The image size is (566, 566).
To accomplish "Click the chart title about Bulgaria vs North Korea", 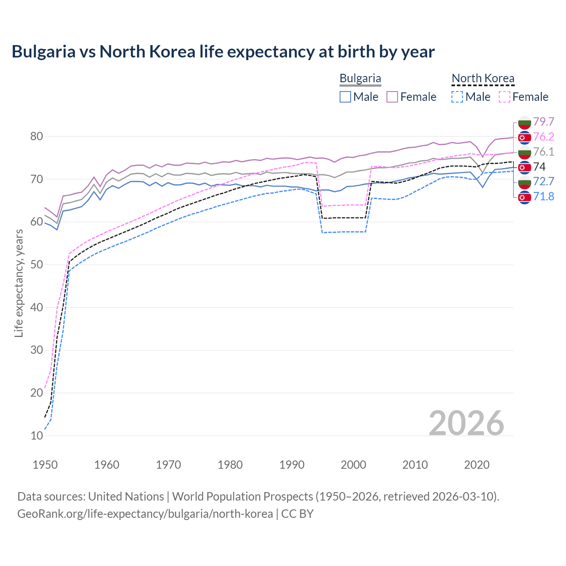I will click(223, 52).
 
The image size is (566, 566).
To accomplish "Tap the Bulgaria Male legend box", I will click(345, 97).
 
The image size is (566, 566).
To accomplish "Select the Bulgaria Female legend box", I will click(393, 97).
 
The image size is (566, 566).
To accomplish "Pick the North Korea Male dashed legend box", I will click(458, 97).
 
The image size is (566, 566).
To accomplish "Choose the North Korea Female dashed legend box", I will click(505, 97).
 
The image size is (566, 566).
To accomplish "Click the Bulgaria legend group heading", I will click(360, 79).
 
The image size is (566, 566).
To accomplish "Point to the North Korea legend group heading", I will click(483, 79).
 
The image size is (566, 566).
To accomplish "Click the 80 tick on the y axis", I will click(37, 136).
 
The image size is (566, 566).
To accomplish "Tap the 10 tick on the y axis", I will click(37, 436).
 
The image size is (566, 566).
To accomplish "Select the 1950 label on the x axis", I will click(45, 465).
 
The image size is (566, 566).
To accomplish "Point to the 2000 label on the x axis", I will click(353, 465).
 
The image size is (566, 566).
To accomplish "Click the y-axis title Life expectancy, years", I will click(19, 283).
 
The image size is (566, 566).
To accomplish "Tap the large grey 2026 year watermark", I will click(466, 423).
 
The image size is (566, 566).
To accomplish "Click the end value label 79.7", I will click(543, 122).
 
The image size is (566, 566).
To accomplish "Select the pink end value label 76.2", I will click(543, 137).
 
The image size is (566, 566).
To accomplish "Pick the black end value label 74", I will click(539, 167).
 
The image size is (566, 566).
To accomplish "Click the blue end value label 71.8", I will click(543, 196).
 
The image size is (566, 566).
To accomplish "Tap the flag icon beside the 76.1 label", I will click(524, 152).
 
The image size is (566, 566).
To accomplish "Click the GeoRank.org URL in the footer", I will click(145, 514).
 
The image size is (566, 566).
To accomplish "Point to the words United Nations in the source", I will click(126, 497).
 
